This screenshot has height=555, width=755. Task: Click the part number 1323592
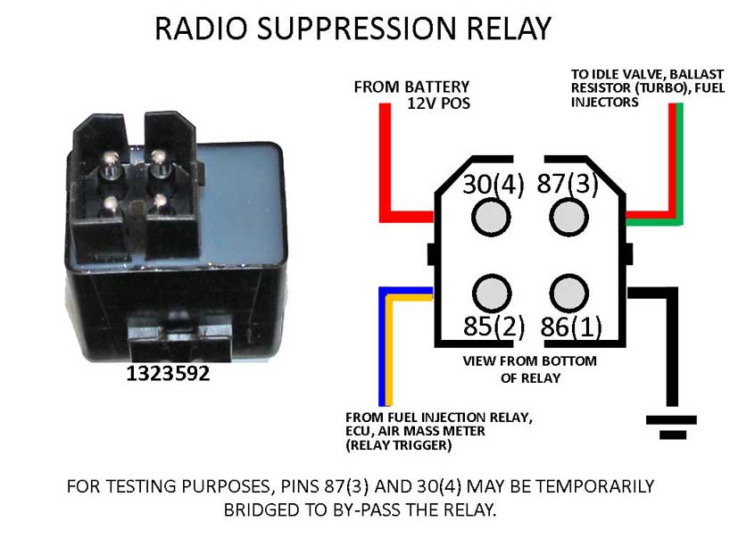[168, 374]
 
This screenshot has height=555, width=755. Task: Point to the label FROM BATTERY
[411, 87]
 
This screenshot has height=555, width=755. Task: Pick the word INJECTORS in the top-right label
[605, 102]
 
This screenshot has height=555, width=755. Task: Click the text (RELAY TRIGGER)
[398, 443]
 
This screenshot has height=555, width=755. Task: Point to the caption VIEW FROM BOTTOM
[530, 361]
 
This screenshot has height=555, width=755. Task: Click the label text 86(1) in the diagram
[570, 327]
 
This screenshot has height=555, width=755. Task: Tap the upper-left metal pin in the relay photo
[110, 161]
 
